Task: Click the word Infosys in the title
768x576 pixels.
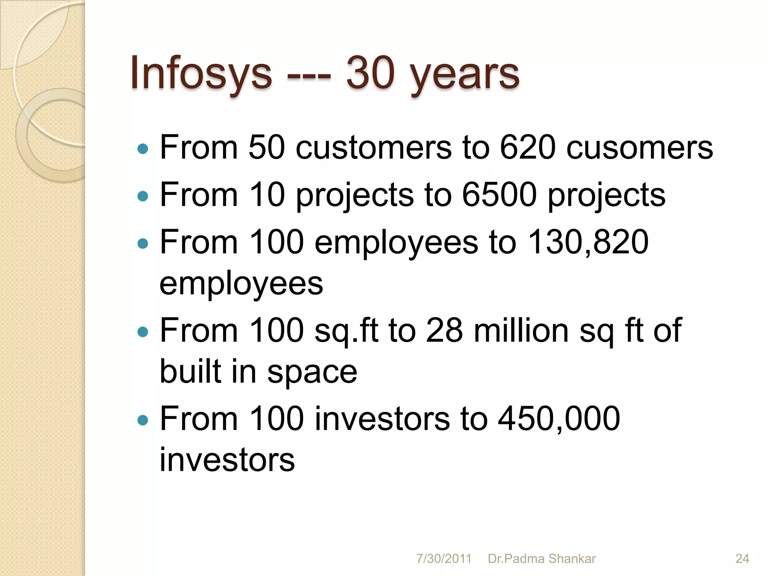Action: tap(201, 73)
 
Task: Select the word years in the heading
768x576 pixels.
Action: tap(465, 75)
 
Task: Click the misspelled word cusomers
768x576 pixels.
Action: tap(639, 148)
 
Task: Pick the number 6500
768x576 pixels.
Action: tap(499, 195)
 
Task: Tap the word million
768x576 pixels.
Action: tap(522, 330)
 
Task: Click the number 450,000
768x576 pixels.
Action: tap(559, 418)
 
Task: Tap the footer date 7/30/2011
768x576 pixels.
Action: tap(443, 559)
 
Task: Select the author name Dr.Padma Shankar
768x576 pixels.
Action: tap(541, 559)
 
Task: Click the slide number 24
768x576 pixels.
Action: tap(742, 559)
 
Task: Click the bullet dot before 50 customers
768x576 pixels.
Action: tap(143, 149)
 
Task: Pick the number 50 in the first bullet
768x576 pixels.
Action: tap(266, 147)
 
